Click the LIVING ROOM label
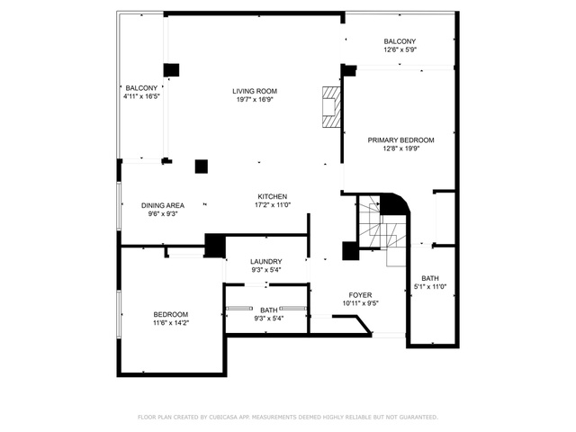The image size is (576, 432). click(255, 91)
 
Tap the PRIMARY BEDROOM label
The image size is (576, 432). click(400, 140)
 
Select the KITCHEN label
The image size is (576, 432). click(272, 196)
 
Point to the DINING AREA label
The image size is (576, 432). click(163, 205)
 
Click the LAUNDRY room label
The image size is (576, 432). click(266, 262)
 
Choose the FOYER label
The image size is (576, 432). click(360, 295)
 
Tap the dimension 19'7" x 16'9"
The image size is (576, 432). click(255, 100)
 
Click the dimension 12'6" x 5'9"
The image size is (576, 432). click(400, 49)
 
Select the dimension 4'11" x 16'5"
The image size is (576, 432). click(141, 96)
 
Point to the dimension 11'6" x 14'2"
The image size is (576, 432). click(171, 323)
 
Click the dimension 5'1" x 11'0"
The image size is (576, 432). click(430, 287)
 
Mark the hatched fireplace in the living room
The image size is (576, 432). click(331, 107)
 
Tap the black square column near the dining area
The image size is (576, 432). click(202, 166)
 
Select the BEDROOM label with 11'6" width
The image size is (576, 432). click(171, 314)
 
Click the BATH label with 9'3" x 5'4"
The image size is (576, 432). click(269, 310)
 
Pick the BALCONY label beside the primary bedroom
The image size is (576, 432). click(400, 41)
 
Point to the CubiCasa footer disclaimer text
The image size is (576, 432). click(288, 418)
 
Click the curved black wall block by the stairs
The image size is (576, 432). click(394, 204)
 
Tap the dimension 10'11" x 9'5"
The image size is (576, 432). click(360, 303)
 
